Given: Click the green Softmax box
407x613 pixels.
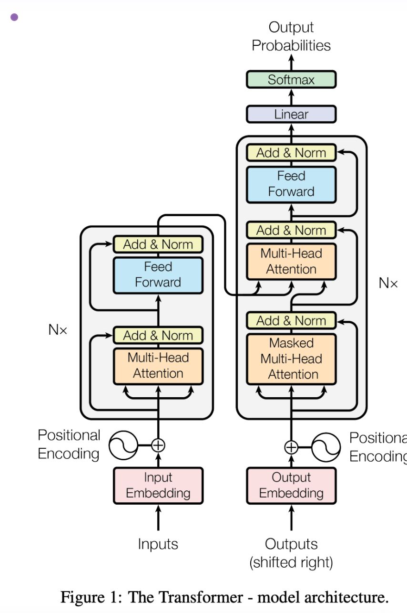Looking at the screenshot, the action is (291, 79).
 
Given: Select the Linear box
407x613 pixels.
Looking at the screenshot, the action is (291, 114).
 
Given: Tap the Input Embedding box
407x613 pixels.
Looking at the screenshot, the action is (158, 486).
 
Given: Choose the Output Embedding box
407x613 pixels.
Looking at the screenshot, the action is (291, 486).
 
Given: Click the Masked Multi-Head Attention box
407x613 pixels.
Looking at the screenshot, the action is (291, 359).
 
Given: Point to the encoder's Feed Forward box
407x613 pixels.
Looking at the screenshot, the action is (158, 275).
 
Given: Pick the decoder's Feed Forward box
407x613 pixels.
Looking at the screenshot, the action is (291, 184).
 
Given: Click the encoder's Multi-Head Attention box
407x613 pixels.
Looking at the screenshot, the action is (158, 366).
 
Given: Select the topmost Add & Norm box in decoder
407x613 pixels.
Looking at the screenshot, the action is (291, 152).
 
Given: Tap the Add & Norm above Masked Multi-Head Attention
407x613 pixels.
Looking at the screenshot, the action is (291, 320).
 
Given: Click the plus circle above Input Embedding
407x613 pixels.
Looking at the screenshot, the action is (158, 445).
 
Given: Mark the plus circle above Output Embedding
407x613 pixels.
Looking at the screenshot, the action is (291, 447).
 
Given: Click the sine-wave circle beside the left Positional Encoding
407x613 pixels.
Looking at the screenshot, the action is (123, 445).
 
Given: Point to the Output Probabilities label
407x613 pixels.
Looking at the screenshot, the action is (291, 36).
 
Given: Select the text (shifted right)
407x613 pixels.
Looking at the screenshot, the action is (291, 563).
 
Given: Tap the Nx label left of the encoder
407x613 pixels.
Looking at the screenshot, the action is (58, 329).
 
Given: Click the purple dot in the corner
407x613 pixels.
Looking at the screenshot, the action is (14, 17).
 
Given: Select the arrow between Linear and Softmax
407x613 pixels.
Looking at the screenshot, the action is (291, 97).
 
